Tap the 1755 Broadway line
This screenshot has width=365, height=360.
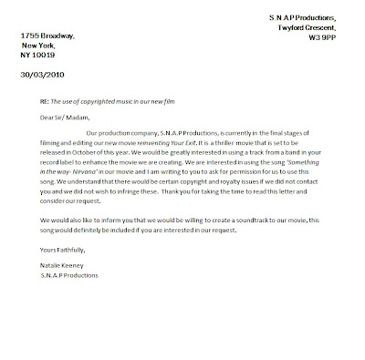pos(43,36)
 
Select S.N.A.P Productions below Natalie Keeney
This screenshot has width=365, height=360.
pos(58,275)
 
